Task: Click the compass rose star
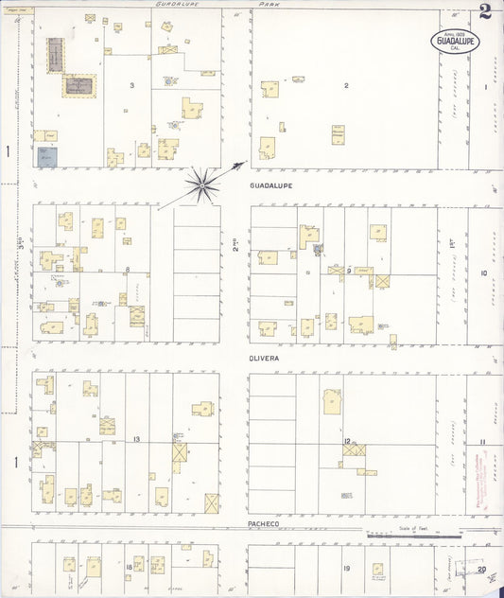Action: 201,184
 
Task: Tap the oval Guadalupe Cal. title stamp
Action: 456,41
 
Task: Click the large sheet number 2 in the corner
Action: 484,11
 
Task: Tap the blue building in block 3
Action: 47,157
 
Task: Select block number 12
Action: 347,441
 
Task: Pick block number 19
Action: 346,568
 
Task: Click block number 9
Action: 349,272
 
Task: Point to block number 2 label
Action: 346,85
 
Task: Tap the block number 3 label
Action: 132,85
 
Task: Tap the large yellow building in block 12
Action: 332,400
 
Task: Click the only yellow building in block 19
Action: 377,570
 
